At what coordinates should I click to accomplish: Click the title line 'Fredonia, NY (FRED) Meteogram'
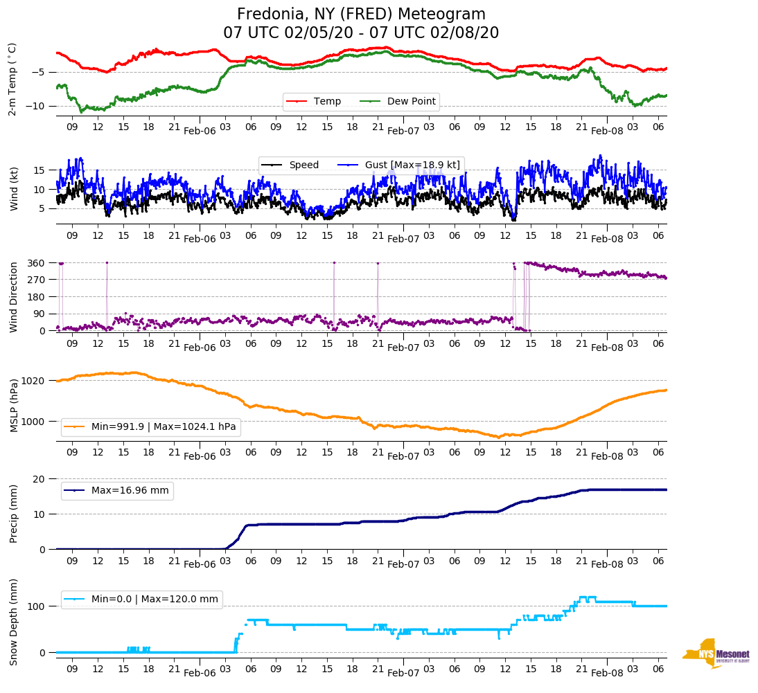tap(361, 15)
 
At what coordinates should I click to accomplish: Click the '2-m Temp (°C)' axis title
tap(12, 79)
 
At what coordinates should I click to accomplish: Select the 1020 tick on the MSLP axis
tap(34, 381)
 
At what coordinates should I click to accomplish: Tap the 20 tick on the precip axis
tap(39, 479)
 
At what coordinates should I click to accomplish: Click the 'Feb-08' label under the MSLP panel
tap(607, 457)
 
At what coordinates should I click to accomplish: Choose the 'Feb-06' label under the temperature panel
tap(200, 131)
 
